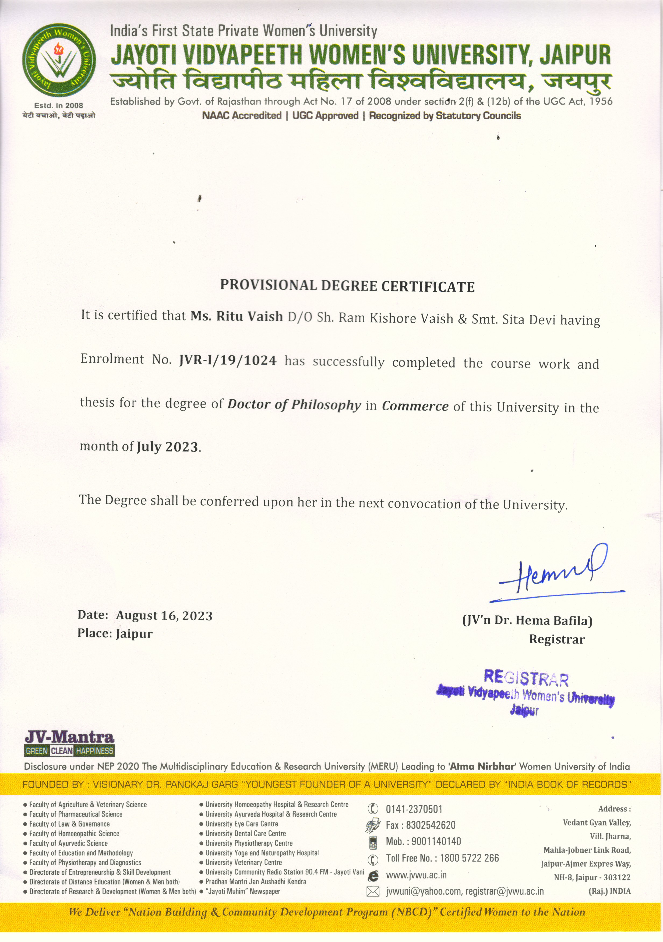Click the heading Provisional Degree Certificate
(x=347, y=286)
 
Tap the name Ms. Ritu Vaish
(x=237, y=316)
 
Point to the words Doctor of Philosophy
(x=294, y=404)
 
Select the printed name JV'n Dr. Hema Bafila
(x=527, y=620)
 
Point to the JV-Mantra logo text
(x=69, y=737)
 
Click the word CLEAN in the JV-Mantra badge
(x=62, y=751)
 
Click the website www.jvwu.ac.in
(x=416, y=875)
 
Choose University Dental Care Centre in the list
(x=245, y=834)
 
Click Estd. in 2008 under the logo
(x=58, y=105)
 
